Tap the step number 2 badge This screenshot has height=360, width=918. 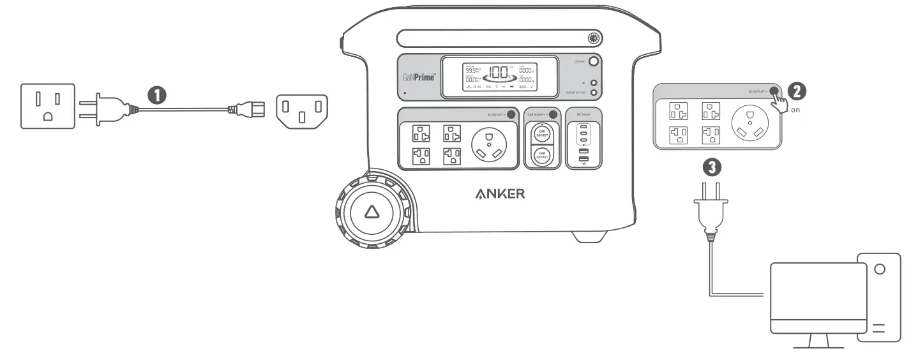pyautogui.click(x=795, y=91)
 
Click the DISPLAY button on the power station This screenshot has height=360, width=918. pyautogui.click(x=594, y=62)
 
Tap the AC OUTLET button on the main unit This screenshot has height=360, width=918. pyautogui.click(x=511, y=115)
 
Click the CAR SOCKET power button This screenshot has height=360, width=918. pyautogui.click(x=553, y=114)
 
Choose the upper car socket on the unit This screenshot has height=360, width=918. pyautogui.click(x=542, y=134)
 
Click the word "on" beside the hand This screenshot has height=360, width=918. pyautogui.click(x=795, y=109)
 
